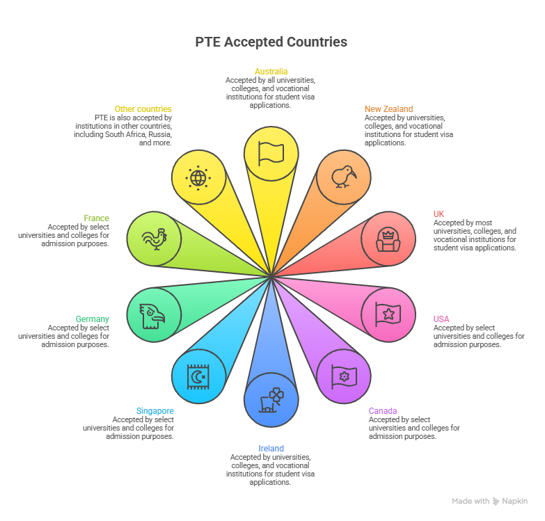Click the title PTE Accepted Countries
271,42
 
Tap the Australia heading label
271,72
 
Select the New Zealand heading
388,109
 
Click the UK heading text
439,214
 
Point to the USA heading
441,319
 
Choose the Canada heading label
383,411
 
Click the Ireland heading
271,449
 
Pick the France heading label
97,218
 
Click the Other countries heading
143,109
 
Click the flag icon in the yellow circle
271,153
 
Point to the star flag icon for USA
388,314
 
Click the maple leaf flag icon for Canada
343,376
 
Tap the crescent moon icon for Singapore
198,376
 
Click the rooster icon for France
154,239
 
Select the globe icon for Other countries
198,177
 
